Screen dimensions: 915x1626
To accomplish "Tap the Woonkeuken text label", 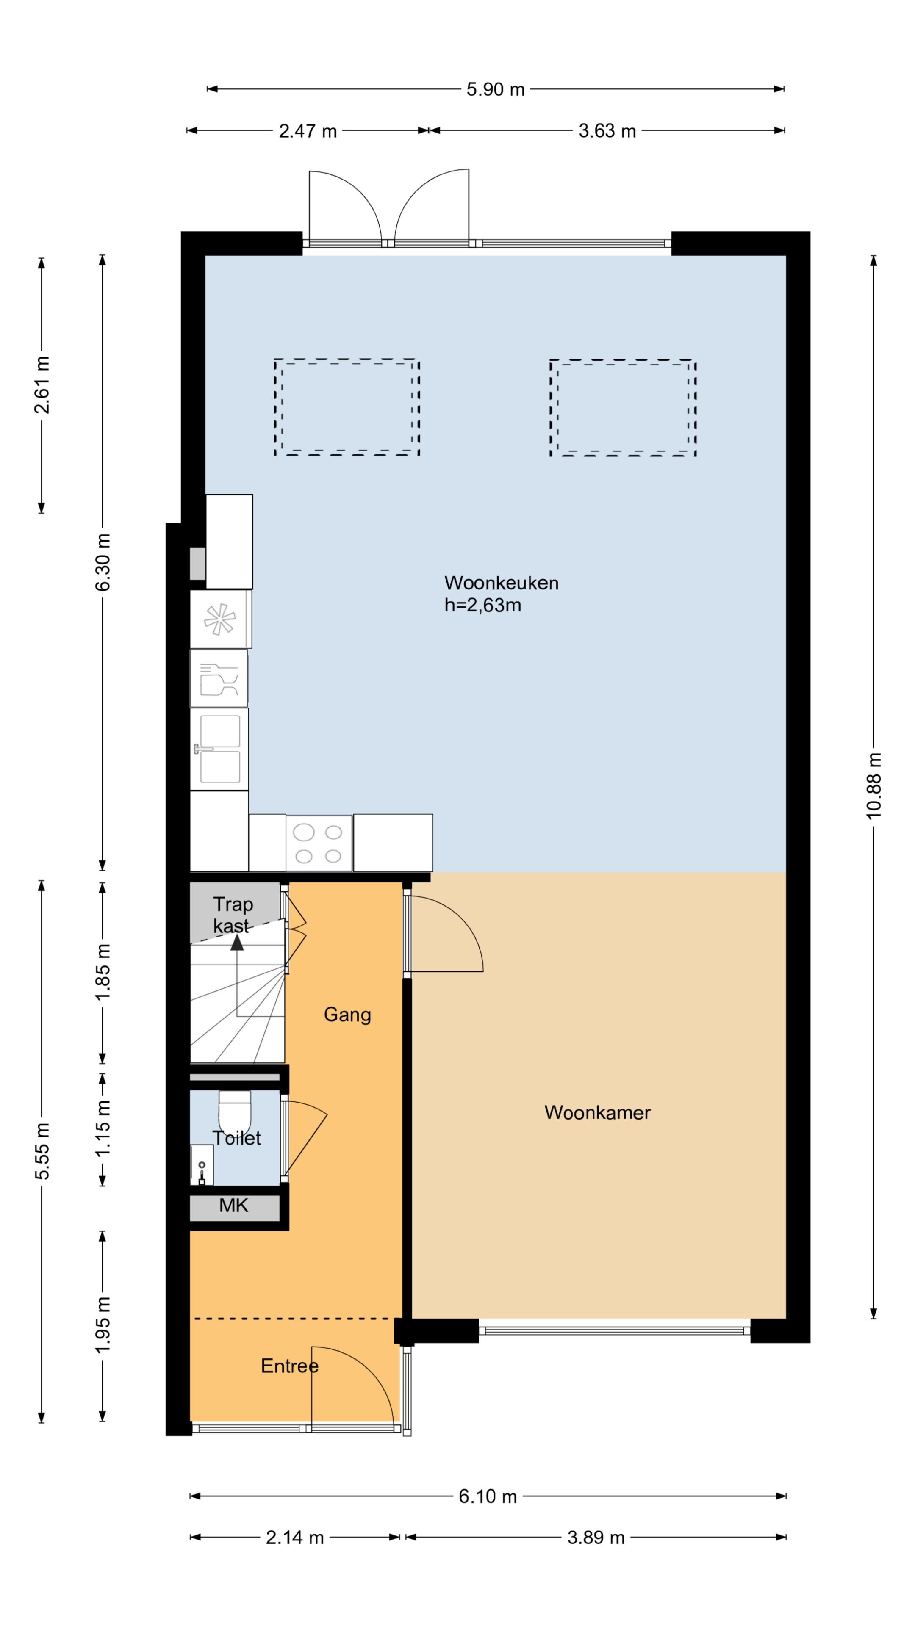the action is point(502,583).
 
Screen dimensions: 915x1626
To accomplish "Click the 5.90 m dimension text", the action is point(496,90).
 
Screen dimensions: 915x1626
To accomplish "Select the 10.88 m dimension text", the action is point(873,786).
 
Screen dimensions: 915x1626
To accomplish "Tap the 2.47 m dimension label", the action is point(308,131).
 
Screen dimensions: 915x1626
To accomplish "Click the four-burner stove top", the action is point(319,843).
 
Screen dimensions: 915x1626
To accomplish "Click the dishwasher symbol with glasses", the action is point(219,678).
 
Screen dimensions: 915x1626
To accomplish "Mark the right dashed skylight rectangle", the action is point(623,408).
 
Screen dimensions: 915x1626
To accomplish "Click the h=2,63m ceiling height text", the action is point(483,606).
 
